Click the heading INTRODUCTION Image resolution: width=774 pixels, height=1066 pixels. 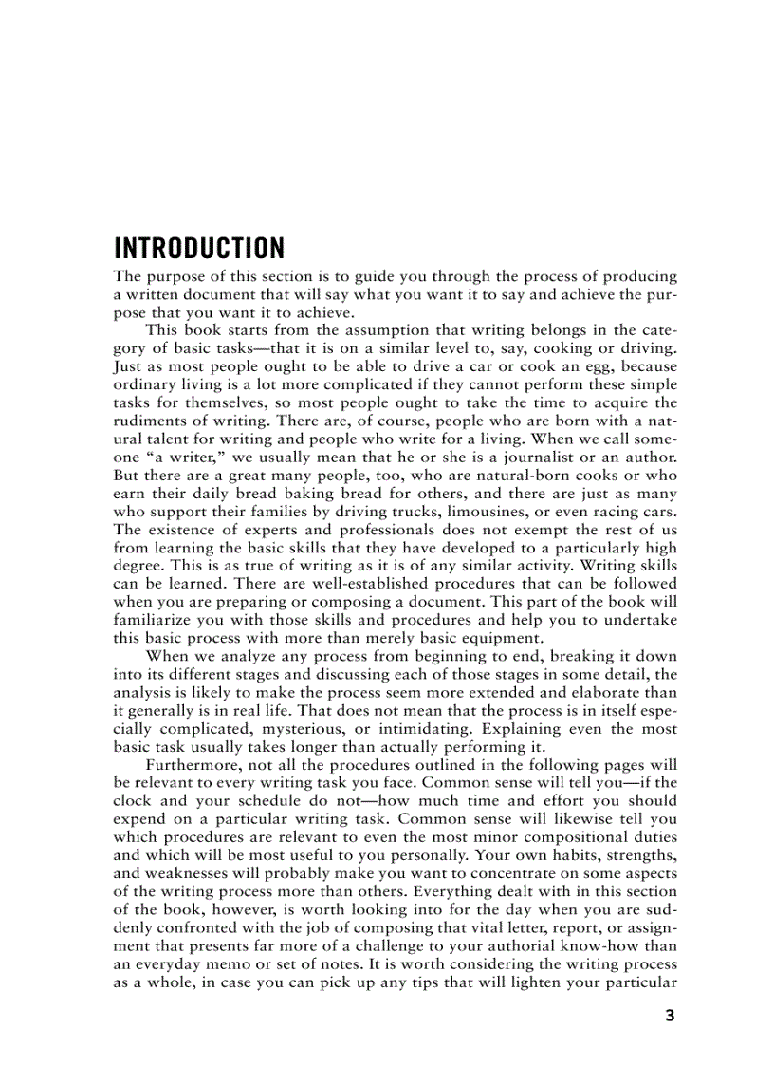(199, 249)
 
